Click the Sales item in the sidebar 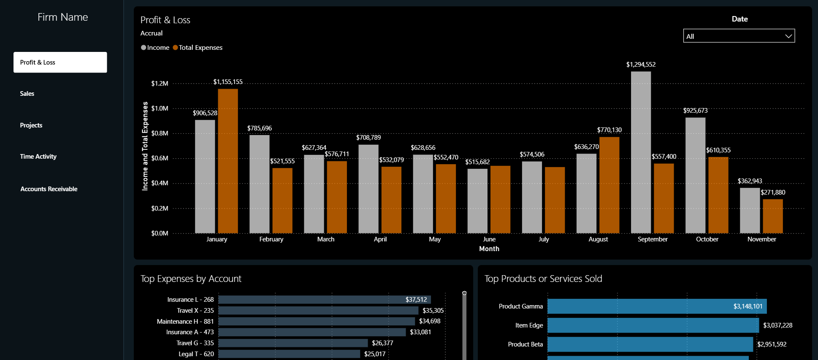tap(27, 94)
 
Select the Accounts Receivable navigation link tap(49, 189)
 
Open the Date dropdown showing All tap(739, 36)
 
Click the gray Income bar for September tap(641, 152)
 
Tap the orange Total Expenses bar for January tap(228, 161)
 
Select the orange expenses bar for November tap(773, 216)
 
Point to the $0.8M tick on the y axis tap(160, 133)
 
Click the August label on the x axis tap(598, 239)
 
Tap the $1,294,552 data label tap(641, 65)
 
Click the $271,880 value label tap(773, 192)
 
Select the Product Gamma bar tap(657, 306)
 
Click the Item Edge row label tap(529, 325)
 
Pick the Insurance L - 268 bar tap(324, 300)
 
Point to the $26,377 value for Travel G tap(382, 343)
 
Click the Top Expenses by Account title tap(191, 279)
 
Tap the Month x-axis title tap(489, 249)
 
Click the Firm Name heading tap(62, 17)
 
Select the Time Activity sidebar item tap(38, 157)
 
